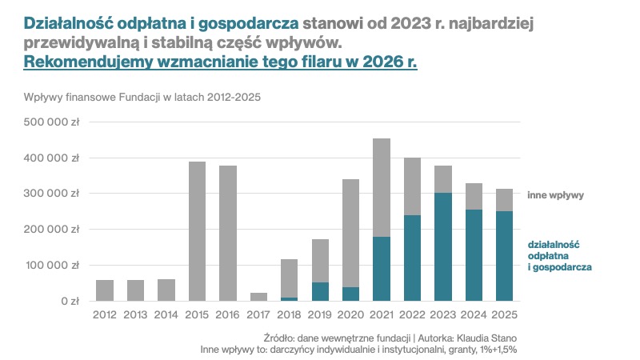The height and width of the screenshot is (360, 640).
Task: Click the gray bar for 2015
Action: coord(197,231)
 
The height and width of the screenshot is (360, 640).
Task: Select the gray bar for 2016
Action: coord(228,233)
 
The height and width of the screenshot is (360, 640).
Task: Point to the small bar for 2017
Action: coord(259,297)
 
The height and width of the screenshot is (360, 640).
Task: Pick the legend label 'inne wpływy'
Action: coord(556,194)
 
